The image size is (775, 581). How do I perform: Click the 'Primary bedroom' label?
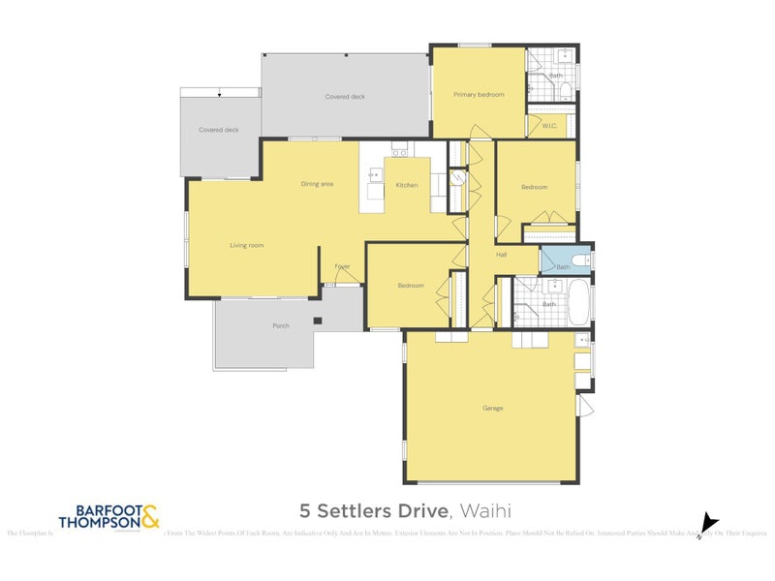click(x=479, y=94)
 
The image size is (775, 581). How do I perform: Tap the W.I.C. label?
click(x=548, y=126)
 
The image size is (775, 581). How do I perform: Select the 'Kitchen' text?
click(x=407, y=185)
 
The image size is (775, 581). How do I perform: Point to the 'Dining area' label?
click(x=317, y=183)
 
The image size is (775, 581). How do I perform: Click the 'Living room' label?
click(x=246, y=245)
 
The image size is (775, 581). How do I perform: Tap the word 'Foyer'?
click(x=342, y=265)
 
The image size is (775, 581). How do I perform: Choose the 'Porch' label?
click(x=281, y=325)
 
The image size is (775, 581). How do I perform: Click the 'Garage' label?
click(x=492, y=408)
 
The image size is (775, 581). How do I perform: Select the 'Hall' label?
click(x=502, y=255)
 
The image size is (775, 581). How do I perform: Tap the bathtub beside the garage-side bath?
click(x=579, y=303)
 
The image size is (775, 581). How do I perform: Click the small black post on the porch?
click(x=317, y=321)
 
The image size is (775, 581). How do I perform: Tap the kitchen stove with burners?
click(x=400, y=150)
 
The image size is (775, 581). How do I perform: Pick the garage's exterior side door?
click(x=584, y=405)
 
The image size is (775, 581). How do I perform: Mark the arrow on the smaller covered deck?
click(x=221, y=94)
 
